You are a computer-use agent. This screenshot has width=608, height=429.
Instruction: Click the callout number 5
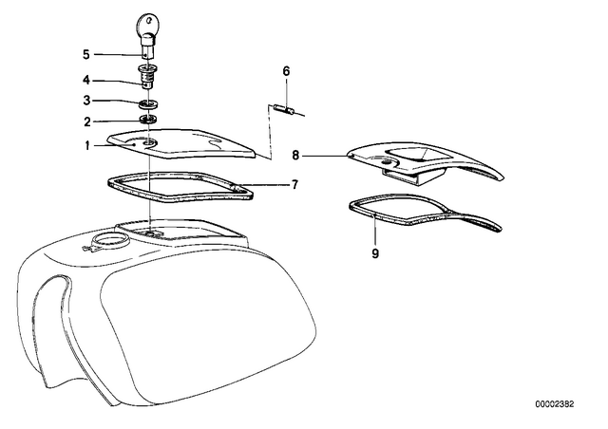point(86,55)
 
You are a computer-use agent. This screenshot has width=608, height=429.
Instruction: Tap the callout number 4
point(86,81)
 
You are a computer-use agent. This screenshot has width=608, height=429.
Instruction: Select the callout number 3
point(86,101)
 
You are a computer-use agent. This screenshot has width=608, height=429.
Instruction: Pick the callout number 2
point(87,122)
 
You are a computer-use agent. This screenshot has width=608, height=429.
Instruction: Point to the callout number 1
point(87,146)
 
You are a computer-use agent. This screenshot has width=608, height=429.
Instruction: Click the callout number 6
point(286,71)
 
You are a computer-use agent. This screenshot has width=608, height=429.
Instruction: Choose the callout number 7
point(295,184)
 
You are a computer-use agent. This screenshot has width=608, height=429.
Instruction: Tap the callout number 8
point(295,156)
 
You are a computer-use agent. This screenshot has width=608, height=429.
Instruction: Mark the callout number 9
point(375,253)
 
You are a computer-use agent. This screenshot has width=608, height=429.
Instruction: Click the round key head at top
point(147,24)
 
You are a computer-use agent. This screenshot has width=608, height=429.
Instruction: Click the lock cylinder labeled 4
point(148,77)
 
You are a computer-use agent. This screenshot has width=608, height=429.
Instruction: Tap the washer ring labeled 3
point(149,104)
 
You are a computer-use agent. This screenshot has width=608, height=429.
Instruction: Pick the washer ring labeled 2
point(149,119)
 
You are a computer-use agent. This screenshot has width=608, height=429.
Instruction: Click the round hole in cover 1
point(149,144)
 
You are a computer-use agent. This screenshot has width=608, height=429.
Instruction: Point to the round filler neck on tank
point(111,240)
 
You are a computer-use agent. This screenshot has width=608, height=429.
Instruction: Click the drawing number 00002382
point(555,404)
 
